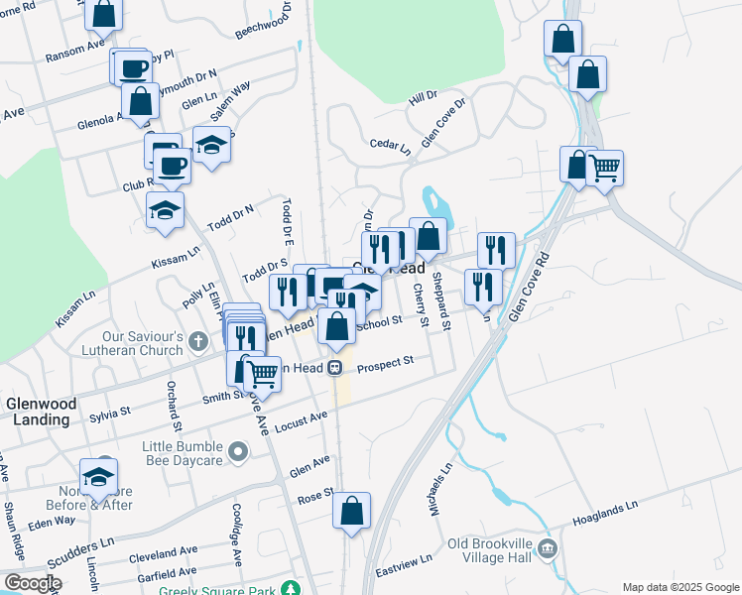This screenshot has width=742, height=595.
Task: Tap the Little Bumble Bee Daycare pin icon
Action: click(237, 453)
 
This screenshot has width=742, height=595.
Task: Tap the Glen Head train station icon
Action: click(335, 368)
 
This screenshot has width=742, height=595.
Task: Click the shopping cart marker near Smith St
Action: click(262, 374)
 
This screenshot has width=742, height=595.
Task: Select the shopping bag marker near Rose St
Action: click(351, 512)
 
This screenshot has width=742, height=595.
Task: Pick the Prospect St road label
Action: click(385, 364)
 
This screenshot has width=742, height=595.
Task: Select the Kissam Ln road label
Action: click(75, 308)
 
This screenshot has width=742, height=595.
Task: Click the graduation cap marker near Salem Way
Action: click(211, 146)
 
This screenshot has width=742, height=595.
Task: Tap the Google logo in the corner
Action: click(32, 584)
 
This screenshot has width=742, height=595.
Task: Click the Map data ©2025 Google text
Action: click(680, 587)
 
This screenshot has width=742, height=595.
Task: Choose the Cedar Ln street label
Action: click(389, 146)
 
